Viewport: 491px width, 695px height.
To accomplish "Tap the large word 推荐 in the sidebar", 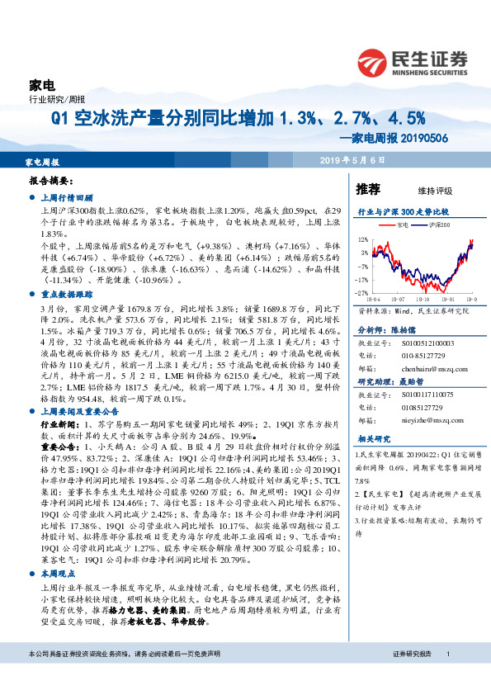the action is pyautogui.click(x=367, y=189).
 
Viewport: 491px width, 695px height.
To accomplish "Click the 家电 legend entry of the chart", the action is pyautogui.click(x=400, y=224).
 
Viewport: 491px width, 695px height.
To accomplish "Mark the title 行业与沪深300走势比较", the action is pyautogui.click(x=402, y=211).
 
